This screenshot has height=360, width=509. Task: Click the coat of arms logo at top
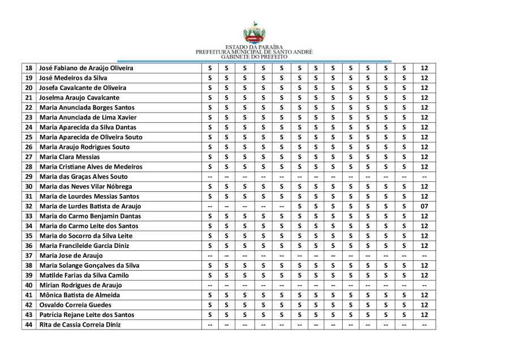point(254,33)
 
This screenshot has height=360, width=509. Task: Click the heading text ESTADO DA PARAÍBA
point(254,47)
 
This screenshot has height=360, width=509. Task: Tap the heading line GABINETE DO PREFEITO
point(254,57)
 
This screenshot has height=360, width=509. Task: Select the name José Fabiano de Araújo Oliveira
point(87,68)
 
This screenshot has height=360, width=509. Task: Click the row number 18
point(29,68)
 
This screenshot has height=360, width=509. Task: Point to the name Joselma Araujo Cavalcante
point(79,97)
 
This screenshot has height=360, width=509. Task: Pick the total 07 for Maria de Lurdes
point(424,206)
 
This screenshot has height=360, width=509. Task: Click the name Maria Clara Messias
point(70,157)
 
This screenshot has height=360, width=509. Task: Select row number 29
point(29,177)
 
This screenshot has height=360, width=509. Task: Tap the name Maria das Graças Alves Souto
point(84,177)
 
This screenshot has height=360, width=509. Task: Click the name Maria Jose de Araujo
point(71,255)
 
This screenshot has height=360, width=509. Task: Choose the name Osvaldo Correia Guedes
point(76,305)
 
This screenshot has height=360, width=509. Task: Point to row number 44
point(29,324)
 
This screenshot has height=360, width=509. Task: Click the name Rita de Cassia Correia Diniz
point(80,324)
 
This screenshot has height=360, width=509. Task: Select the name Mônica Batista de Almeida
point(80,295)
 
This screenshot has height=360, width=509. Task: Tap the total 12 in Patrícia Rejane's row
point(424,315)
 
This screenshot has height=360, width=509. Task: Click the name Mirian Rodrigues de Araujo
point(81,285)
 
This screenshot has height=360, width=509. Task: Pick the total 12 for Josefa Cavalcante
point(424,88)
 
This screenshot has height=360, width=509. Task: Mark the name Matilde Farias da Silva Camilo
point(84,275)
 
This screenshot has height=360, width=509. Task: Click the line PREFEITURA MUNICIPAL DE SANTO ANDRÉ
point(254,52)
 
